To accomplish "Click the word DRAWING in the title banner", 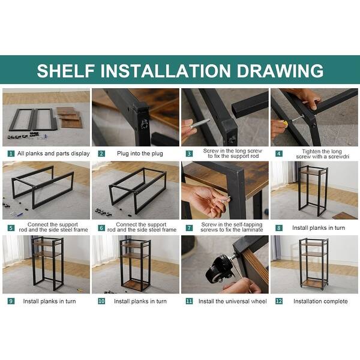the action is (x=280, y=70).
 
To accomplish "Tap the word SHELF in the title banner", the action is (x=65, y=70).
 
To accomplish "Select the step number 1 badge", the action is (x=11, y=154).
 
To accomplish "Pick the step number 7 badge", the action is (x=189, y=228).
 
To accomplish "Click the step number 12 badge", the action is (x=279, y=301).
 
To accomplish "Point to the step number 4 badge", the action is (x=279, y=154).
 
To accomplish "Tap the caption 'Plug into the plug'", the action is (x=140, y=154).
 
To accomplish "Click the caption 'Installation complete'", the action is (x=320, y=301).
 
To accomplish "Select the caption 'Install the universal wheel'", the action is (x=233, y=301).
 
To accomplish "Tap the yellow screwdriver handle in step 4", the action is (x=284, y=123).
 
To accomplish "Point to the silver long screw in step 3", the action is (x=200, y=124).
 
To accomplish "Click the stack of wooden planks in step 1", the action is (x=69, y=117).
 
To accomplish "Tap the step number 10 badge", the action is (x=101, y=301).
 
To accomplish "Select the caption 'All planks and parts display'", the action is (x=53, y=154).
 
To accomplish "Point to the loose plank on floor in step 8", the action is (x=345, y=216).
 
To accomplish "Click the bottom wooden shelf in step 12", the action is (x=313, y=284).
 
